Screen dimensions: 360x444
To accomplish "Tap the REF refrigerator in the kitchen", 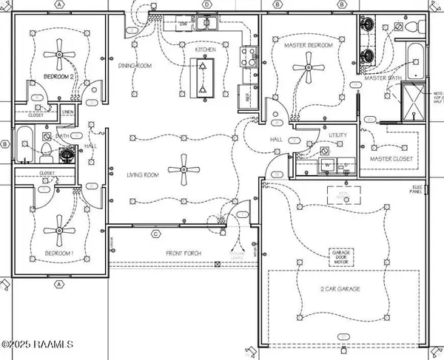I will (x=242, y=94).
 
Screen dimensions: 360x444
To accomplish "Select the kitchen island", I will (x=202, y=75).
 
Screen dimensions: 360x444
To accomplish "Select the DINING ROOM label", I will (x=135, y=66).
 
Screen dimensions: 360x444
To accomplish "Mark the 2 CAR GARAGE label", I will (x=340, y=289).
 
